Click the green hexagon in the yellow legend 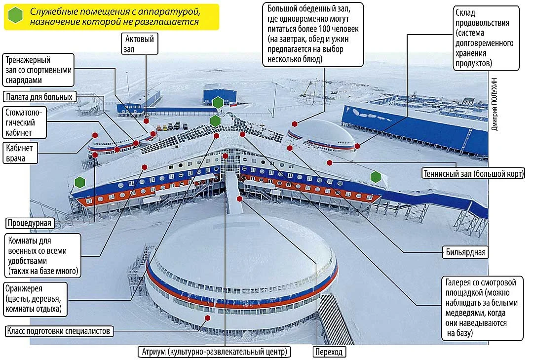tap(16, 15)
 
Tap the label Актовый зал tap(139, 43)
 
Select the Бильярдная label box tap(465, 252)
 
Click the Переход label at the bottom tap(329, 352)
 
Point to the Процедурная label tap(30, 223)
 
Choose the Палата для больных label tap(39, 97)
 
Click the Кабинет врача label tap(20, 153)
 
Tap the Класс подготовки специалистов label tap(59, 331)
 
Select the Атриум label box tap(215, 352)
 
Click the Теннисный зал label tap(473, 173)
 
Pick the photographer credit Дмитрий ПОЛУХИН tap(495, 104)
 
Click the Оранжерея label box tap(36, 299)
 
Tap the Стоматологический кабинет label tap(25, 122)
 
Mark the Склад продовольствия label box tap(486, 38)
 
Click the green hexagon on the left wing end tap(79, 182)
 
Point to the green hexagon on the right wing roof tap(376, 177)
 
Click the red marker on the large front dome tap(207, 318)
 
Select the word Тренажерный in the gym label tap(28, 60)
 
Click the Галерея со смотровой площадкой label tap(482, 308)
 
